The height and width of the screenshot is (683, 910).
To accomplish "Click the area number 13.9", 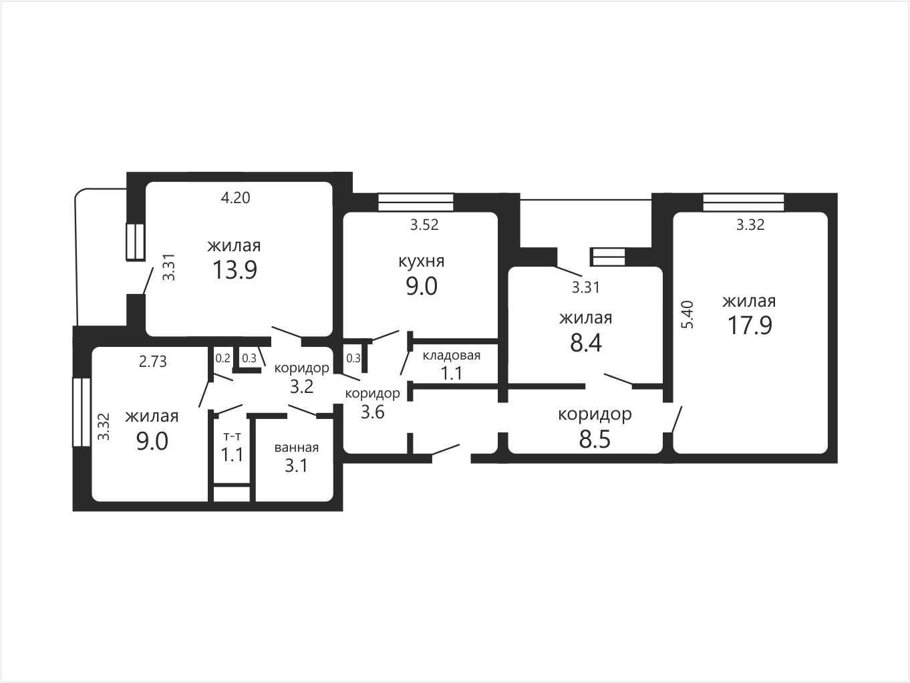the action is (235, 270).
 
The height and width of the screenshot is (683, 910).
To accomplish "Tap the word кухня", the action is (421, 262).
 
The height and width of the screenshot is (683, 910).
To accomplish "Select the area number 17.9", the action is (750, 325).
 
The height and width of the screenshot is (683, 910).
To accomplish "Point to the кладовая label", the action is (452, 356).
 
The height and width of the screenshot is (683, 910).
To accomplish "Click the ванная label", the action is (297, 448).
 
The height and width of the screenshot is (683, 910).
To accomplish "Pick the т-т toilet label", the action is (232, 436).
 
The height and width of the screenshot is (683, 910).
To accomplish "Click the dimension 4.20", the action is (235, 198).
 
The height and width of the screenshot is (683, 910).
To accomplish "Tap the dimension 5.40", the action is (688, 315).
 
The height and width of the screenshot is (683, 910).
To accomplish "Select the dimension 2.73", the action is (152, 362).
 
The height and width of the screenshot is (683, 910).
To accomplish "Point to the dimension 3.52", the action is (424, 225).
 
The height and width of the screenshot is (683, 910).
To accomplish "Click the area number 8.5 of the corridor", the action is (595, 440).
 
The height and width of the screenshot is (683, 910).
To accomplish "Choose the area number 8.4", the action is (586, 344).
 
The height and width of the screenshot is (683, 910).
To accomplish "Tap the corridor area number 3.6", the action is (373, 412).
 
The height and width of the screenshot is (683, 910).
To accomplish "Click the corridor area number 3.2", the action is (301, 386).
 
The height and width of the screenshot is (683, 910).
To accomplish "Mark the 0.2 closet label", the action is (222, 358).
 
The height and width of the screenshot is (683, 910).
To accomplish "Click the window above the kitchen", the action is (416, 202).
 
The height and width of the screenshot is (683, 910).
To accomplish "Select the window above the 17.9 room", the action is (744, 202).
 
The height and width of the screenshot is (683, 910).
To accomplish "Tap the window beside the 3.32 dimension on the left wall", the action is (82, 412).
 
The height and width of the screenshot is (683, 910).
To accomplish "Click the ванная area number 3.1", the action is (296, 466).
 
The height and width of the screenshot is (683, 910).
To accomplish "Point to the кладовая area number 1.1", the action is (451, 373).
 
